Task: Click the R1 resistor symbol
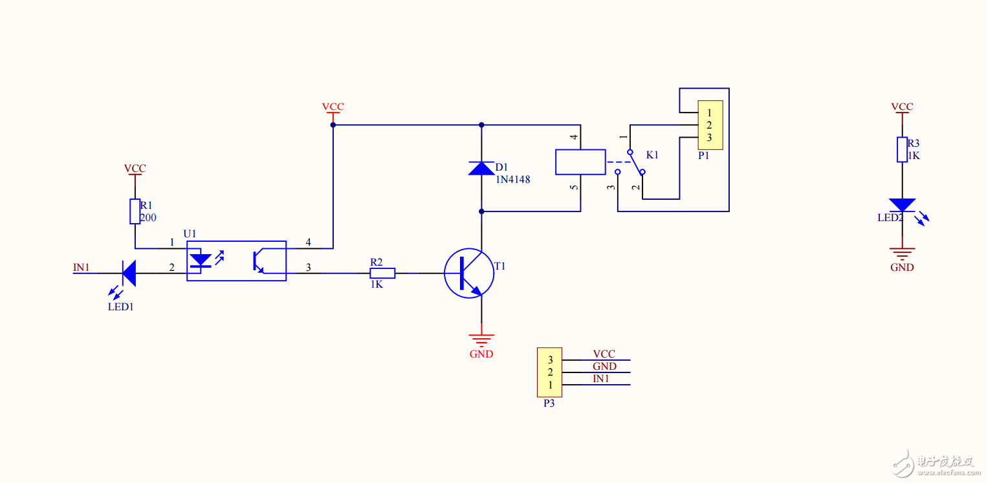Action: tap(135, 211)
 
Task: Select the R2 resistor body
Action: tap(382, 273)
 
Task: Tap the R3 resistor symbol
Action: tap(902, 149)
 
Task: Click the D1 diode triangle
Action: tap(481, 169)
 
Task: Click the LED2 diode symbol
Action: tap(902, 205)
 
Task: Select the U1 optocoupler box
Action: tap(236, 261)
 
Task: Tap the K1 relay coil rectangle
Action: tap(580, 162)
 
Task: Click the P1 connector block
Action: tap(709, 125)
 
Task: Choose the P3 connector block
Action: tap(550, 372)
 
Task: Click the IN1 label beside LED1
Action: tap(81, 266)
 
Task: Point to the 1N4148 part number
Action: tap(512, 180)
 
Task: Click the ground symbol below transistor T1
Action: tap(481, 338)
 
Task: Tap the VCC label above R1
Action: tap(135, 168)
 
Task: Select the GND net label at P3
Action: tap(604, 367)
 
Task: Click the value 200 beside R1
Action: tap(148, 218)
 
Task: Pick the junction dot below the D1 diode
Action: tap(481, 211)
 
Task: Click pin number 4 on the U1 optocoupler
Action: tap(308, 242)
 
